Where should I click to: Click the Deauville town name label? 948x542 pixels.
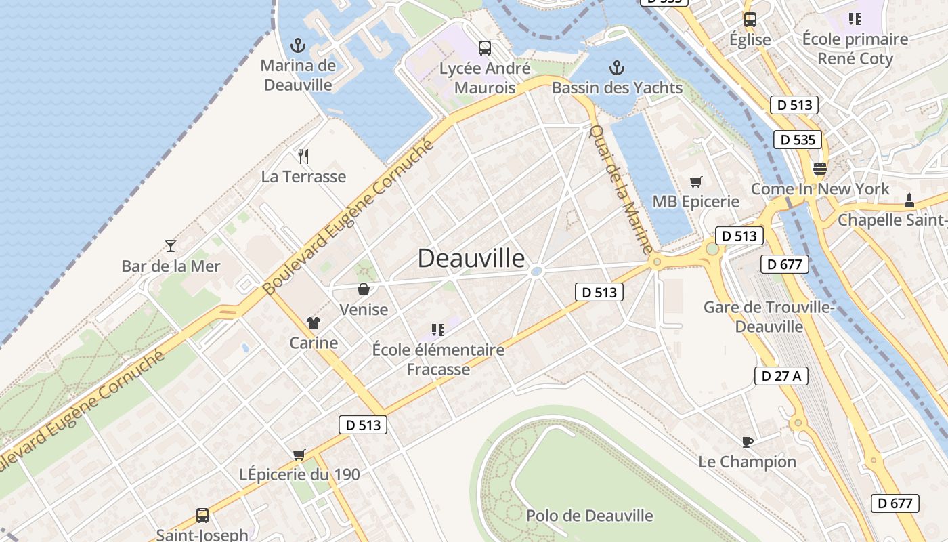471,258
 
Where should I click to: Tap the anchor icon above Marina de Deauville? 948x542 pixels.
297,46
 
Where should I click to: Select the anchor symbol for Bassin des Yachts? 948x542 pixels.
616,68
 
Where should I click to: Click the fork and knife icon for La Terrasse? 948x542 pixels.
303,157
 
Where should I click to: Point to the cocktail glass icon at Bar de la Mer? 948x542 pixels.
171,245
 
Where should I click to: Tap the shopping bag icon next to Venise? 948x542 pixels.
364,289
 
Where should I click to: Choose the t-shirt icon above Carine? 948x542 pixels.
313,322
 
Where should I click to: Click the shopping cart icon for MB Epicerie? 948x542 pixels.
695,182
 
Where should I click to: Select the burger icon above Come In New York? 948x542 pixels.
820,168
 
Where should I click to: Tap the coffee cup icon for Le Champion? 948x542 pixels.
747,442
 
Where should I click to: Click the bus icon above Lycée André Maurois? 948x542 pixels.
484,47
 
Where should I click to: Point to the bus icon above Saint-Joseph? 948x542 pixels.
202,515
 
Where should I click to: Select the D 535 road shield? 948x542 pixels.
798,140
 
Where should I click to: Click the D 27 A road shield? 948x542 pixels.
781,376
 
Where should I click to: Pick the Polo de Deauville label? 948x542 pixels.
590,516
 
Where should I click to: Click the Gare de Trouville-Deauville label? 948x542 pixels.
769,316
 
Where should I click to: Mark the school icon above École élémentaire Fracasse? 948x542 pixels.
438,330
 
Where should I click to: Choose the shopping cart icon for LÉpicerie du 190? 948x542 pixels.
299,455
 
